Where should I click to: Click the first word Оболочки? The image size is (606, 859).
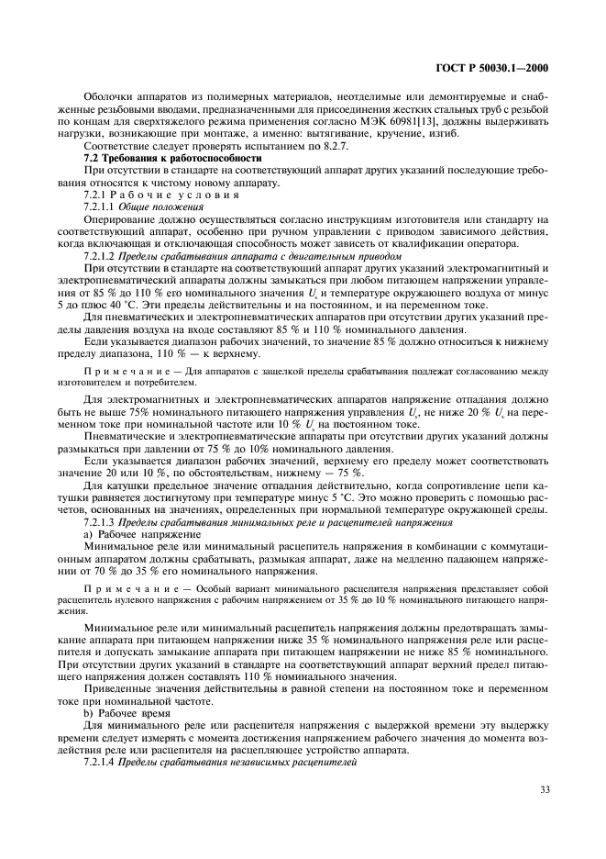[x=106, y=96]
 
